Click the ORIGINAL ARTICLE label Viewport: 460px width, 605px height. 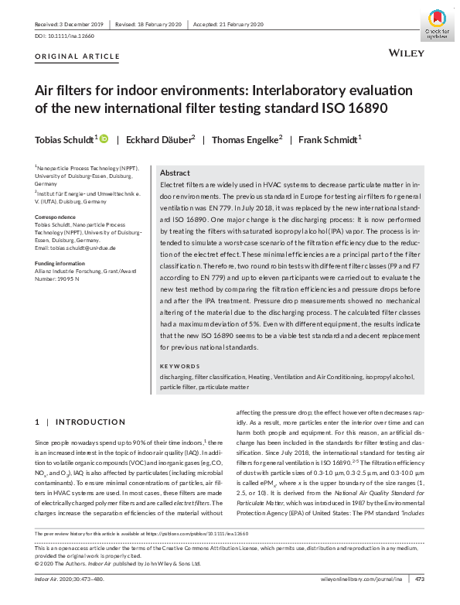click(x=77, y=56)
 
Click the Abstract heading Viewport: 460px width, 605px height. click(x=175, y=174)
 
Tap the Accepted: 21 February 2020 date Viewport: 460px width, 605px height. click(x=228, y=24)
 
